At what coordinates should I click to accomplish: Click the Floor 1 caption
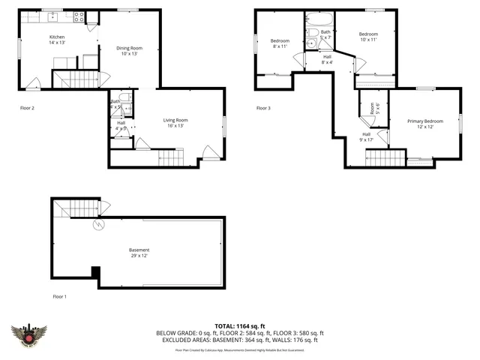[x=59, y=297]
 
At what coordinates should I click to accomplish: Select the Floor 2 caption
[x=27, y=108]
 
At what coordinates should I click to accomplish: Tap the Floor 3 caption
[x=263, y=108]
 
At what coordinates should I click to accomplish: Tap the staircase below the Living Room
[x=170, y=157]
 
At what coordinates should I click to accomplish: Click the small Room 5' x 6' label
[x=372, y=109]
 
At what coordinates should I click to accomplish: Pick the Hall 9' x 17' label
[x=367, y=136]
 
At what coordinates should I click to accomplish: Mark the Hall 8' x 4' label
[x=327, y=59]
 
